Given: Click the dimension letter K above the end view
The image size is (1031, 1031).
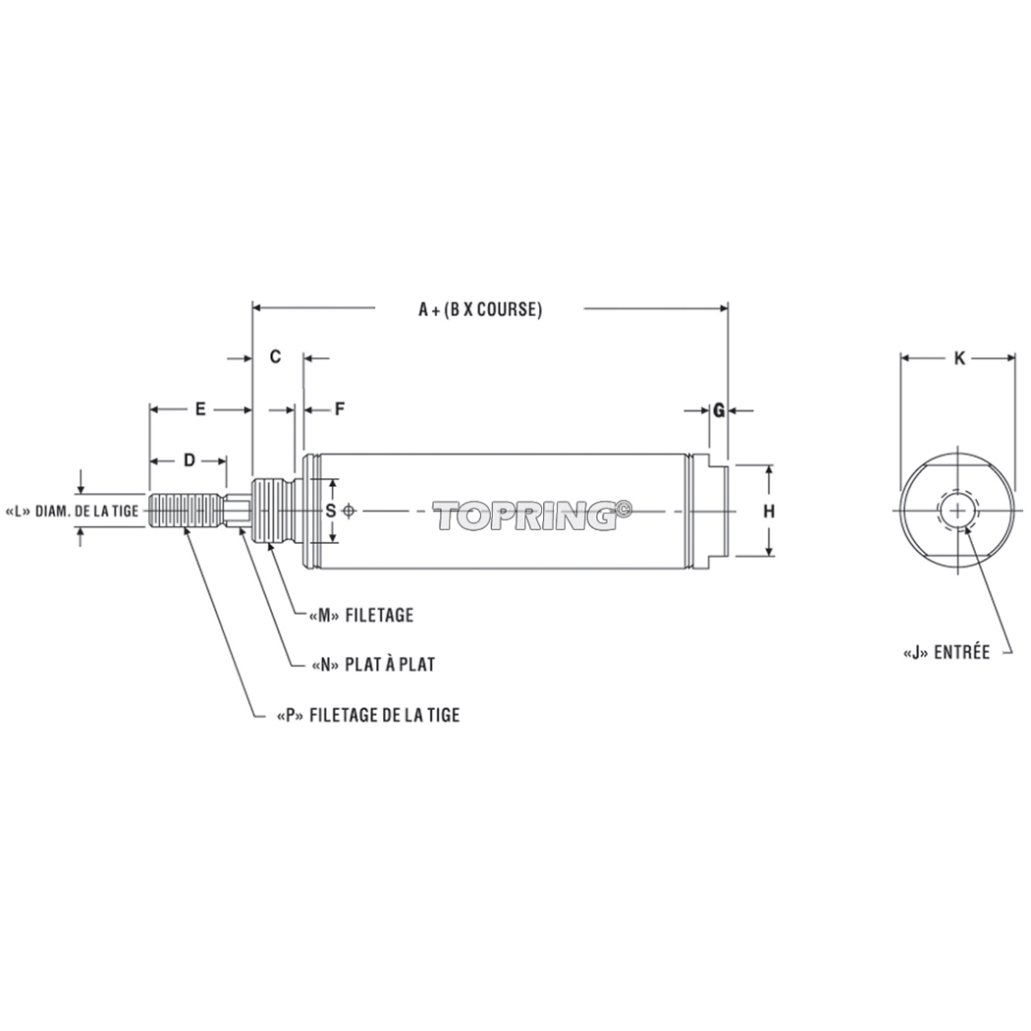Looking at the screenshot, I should pyautogui.click(x=959, y=358).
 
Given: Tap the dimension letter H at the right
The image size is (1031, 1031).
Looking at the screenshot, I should pyautogui.click(x=769, y=511).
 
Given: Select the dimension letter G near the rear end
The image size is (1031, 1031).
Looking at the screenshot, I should pyautogui.click(x=719, y=410).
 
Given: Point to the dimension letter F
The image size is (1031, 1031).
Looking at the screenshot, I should pyautogui.click(x=339, y=409).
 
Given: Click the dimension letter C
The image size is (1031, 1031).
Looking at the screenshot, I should pyautogui.click(x=276, y=356).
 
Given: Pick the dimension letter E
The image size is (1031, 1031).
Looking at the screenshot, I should pyautogui.click(x=200, y=408).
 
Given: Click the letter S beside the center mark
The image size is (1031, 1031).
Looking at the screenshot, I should pyautogui.click(x=331, y=511).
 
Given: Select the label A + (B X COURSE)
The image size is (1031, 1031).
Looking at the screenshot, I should pyautogui.click(x=480, y=308).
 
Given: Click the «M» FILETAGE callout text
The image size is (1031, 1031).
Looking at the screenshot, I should pyautogui.click(x=360, y=616).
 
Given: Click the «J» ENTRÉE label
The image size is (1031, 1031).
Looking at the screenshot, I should pyautogui.click(x=946, y=652).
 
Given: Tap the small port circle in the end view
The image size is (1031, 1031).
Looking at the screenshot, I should pyautogui.click(x=957, y=511).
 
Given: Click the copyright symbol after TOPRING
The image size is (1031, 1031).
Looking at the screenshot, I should pyautogui.click(x=624, y=508).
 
